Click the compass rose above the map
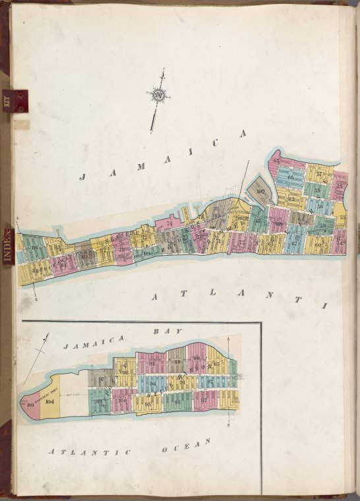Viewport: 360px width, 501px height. tap(158, 96)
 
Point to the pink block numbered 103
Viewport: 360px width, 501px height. tap(30, 405)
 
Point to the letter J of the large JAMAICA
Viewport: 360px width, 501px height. tap(84, 176)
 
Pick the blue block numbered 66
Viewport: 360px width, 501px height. tap(290, 177)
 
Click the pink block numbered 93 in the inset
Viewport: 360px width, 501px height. tap(153, 363)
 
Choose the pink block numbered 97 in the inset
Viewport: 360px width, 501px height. tap(204, 399)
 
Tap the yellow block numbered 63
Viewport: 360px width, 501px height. tap(291, 197)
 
